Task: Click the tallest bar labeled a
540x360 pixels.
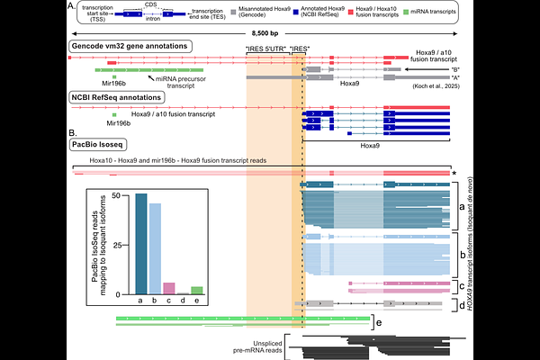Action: tap(140, 243)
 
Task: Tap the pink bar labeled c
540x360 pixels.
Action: tap(168, 288)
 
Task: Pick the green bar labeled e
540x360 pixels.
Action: tap(197, 290)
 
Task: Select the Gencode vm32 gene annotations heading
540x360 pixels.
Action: tap(128, 45)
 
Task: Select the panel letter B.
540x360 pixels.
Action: tap(72, 132)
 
